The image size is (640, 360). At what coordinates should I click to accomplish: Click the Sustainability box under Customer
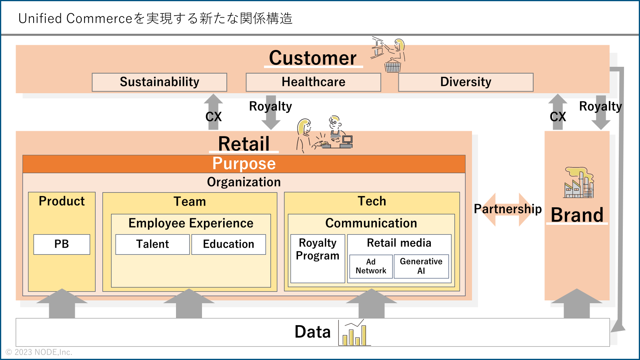click(160, 82)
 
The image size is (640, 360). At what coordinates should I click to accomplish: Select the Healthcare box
click(314, 82)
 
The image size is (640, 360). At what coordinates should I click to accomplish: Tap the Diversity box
click(466, 82)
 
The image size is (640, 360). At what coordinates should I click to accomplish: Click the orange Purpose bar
click(244, 164)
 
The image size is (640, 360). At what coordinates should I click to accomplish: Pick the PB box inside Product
click(62, 244)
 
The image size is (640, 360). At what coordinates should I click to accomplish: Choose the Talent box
click(152, 244)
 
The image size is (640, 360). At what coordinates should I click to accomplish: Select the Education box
click(228, 244)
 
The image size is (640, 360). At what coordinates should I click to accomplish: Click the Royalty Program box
click(318, 258)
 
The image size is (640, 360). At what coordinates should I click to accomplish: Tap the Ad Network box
click(371, 266)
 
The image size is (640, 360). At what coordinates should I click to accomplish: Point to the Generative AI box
click(421, 266)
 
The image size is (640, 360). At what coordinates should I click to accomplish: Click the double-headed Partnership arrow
click(508, 210)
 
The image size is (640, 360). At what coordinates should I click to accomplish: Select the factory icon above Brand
click(579, 182)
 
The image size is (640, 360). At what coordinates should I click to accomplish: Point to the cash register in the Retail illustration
click(346, 142)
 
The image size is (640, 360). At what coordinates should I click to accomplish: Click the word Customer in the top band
click(313, 58)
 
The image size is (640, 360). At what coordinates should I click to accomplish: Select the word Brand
click(577, 215)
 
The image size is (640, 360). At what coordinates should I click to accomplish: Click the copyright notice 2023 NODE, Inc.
click(39, 352)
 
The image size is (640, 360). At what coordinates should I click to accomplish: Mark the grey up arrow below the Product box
click(62, 304)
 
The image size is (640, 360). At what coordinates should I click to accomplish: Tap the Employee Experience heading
click(191, 223)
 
